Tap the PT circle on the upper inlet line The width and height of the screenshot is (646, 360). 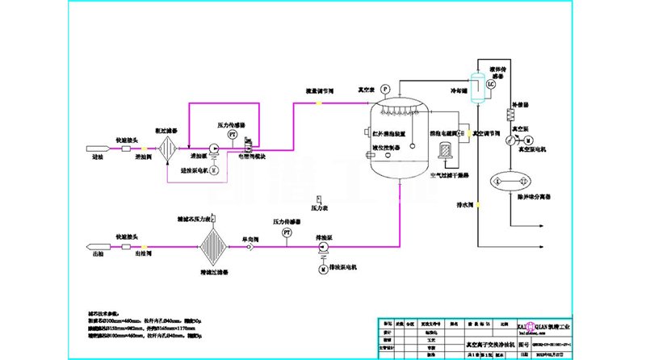232,136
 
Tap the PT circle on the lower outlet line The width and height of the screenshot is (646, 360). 287,232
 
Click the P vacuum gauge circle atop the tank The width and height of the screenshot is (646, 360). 384,88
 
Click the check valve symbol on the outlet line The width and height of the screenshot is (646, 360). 251,246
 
